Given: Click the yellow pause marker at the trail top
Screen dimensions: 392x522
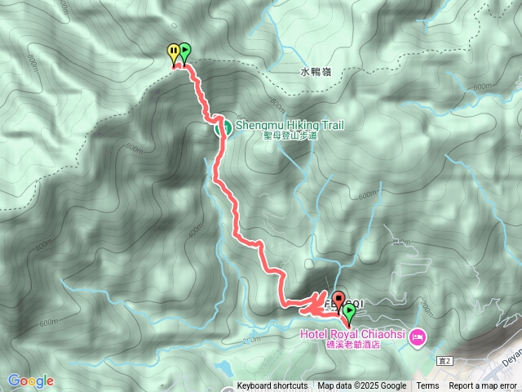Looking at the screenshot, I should point(173,51).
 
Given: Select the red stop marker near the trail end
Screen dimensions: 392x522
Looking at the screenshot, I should point(338,297).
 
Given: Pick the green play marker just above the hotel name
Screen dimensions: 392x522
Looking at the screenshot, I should point(350,311).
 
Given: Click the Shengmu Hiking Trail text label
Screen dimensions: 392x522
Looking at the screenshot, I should point(290,125).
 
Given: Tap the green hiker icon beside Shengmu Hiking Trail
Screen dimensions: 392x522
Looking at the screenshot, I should point(220,127).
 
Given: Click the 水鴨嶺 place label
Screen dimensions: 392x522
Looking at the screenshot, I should point(316,73).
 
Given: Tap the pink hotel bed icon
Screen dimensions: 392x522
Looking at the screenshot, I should point(418,336).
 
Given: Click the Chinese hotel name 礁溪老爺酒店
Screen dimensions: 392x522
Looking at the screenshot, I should point(352,345).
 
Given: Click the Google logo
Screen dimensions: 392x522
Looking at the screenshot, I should point(30,381).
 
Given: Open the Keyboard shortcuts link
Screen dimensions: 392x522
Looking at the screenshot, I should point(272,386).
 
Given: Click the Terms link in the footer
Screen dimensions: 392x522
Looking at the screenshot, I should point(427,386).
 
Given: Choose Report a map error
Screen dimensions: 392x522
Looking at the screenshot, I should point(483,386).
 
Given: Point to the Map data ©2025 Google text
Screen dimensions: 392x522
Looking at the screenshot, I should point(361,386).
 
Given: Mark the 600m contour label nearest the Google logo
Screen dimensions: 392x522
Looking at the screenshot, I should point(48,323).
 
